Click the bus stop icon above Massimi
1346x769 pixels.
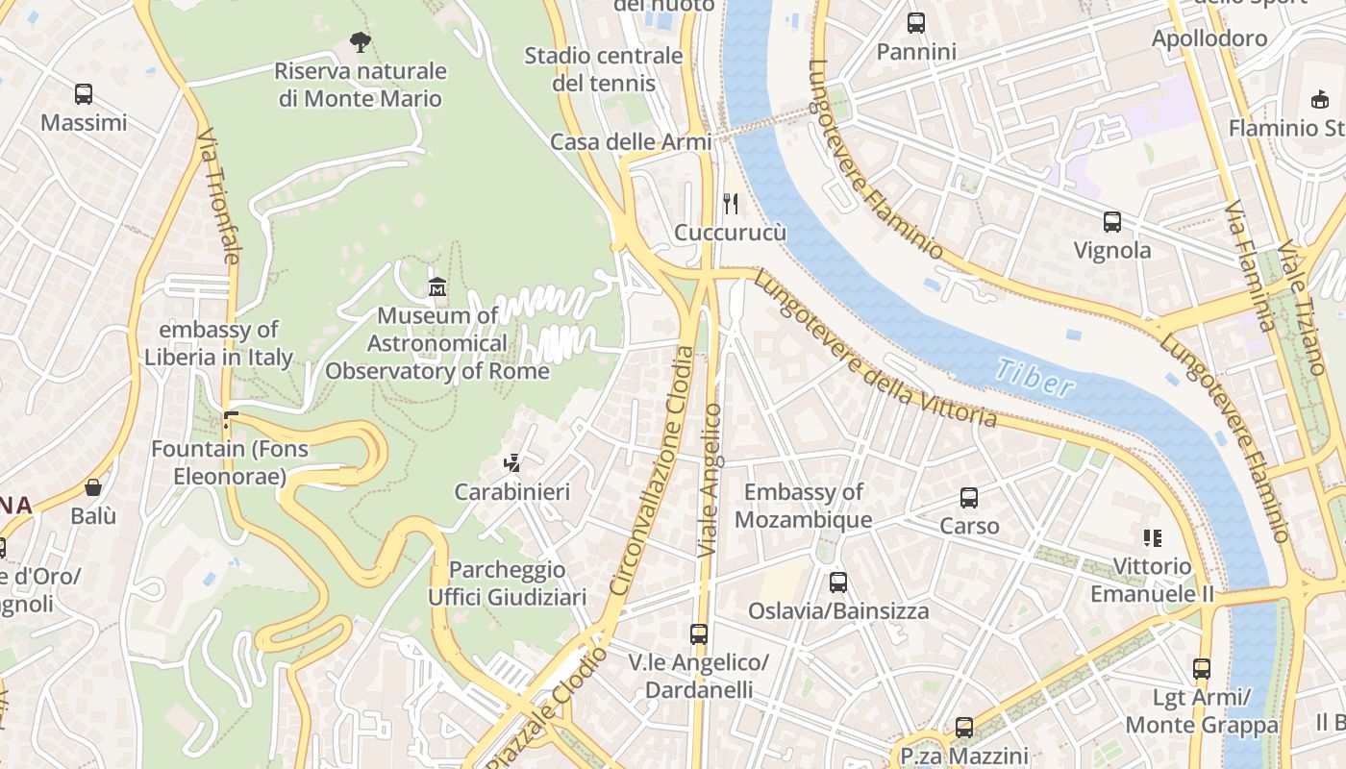84,94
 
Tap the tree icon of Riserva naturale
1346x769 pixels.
361,41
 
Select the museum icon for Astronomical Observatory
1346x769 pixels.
437,286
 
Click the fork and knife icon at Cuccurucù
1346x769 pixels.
731,203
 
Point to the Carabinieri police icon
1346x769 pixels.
511,463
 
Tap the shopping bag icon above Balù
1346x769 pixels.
93,487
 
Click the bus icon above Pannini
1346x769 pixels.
916,23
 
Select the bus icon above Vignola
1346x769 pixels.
1112,222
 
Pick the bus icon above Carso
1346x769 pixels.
969,498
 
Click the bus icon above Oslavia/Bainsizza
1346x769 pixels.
838,582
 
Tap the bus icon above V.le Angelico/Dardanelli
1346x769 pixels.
699,634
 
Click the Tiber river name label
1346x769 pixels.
1034,378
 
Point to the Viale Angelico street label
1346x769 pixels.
710,481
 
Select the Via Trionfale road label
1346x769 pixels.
218,197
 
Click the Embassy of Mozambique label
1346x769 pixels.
804,507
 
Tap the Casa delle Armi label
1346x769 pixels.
631,142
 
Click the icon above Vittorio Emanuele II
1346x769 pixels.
1152,538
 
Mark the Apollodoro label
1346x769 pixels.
1209,39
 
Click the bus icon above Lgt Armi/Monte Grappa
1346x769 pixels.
1202,669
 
